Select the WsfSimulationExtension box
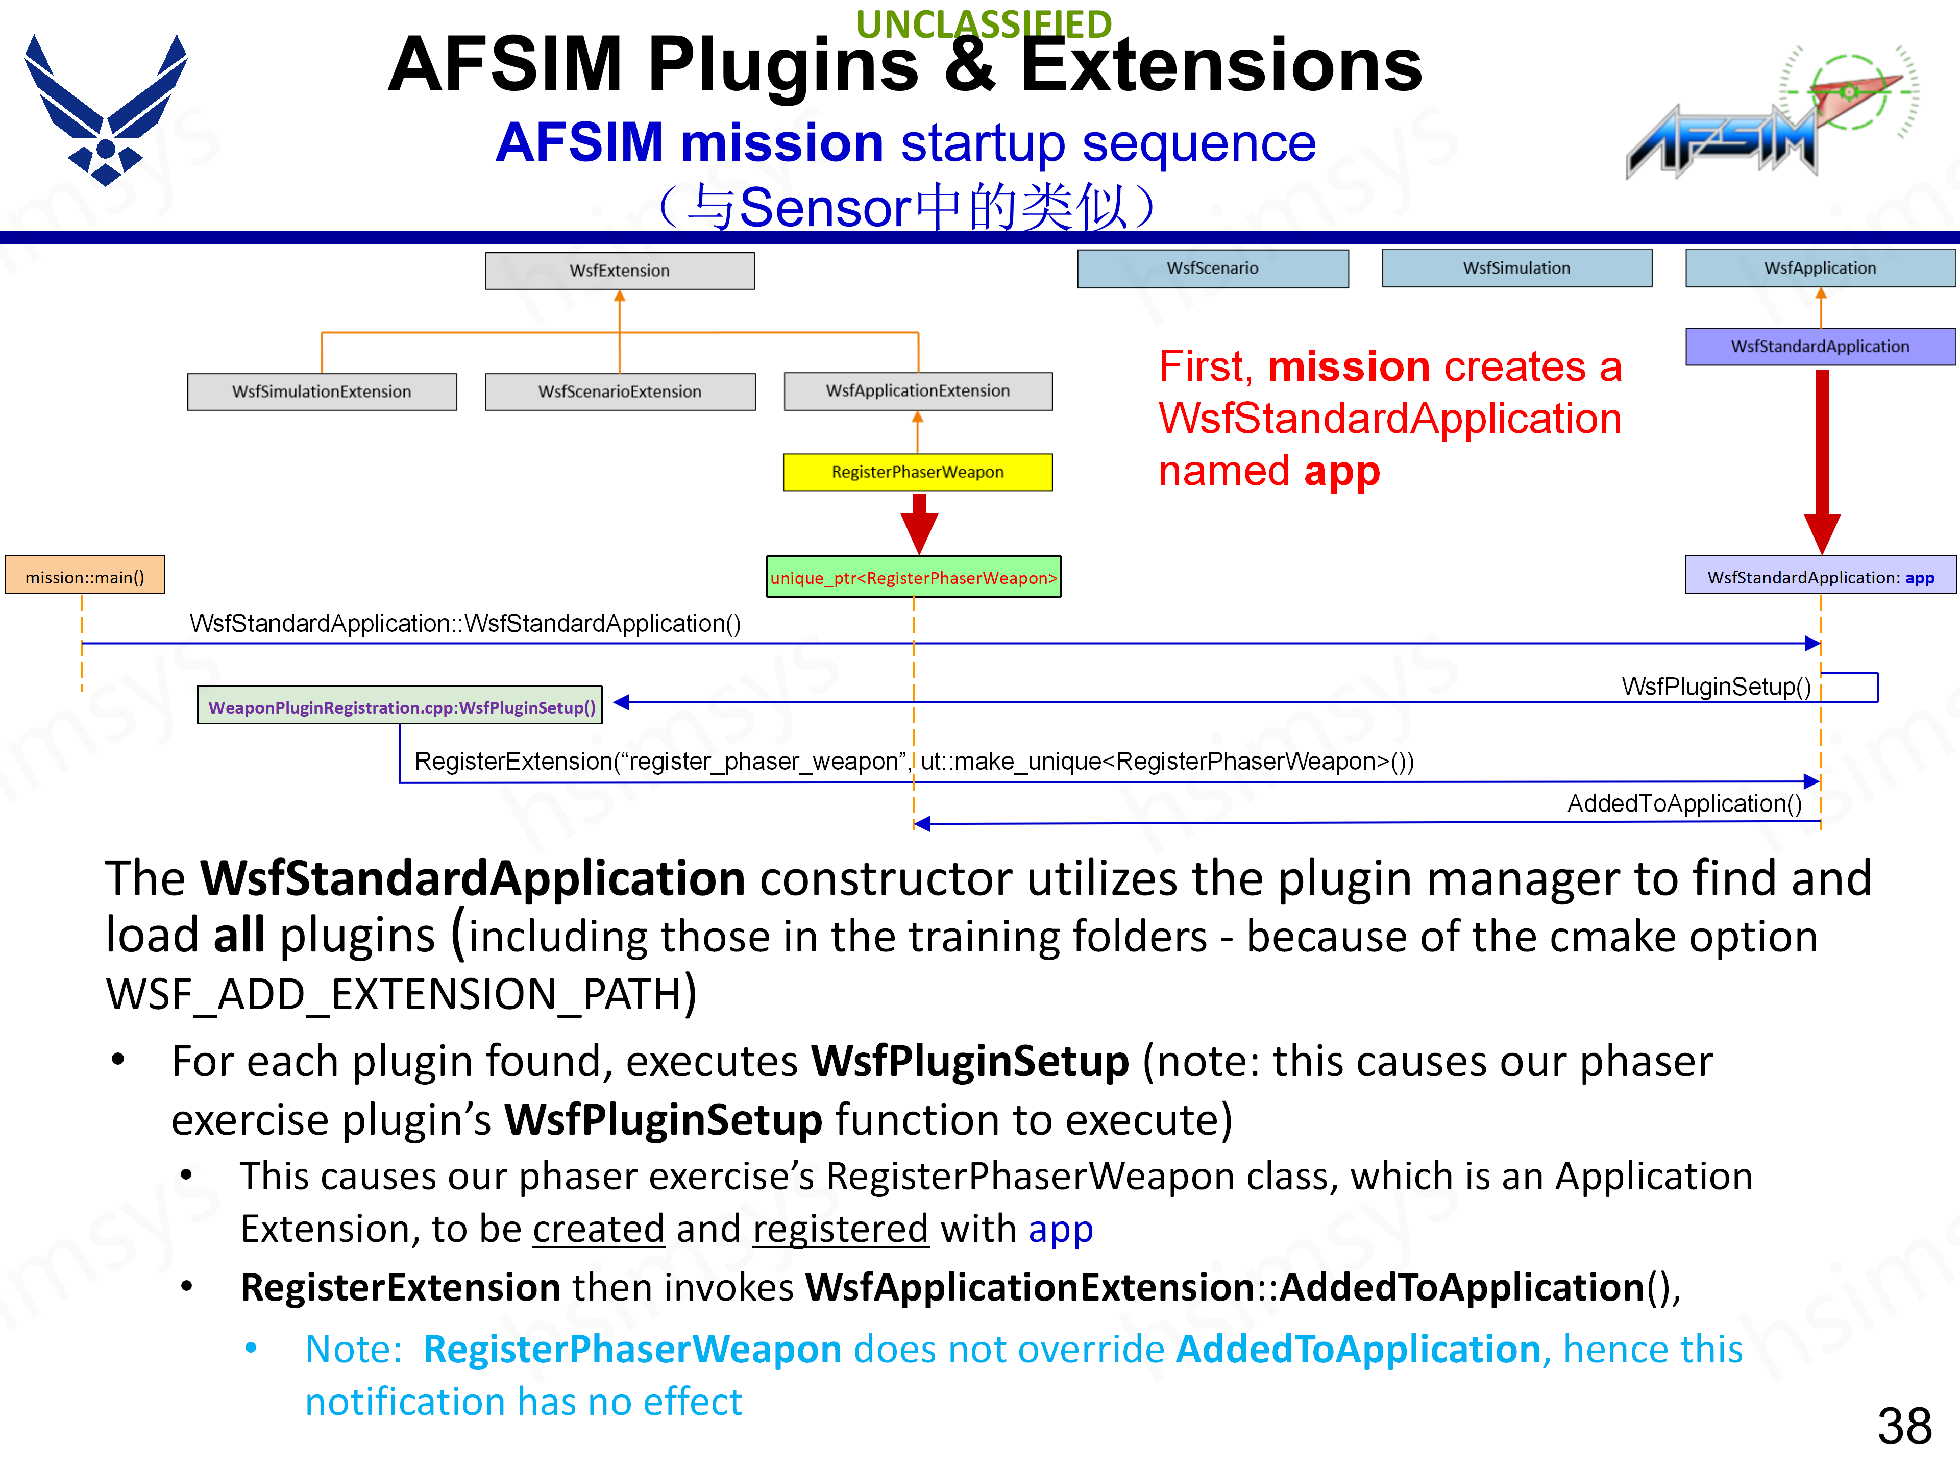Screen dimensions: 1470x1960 click(322, 391)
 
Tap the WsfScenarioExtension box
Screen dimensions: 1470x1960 click(619, 391)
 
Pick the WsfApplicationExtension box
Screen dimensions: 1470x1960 click(918, 391)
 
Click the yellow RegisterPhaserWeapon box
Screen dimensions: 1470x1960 click(917, 472)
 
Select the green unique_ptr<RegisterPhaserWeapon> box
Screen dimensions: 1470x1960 click(914, 578)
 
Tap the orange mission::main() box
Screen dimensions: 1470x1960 click(85, 577)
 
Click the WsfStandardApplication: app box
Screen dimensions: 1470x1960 click(1820, 577)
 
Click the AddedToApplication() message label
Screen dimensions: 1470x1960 click(1683, 804)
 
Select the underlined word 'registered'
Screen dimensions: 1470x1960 click(840, 1229)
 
